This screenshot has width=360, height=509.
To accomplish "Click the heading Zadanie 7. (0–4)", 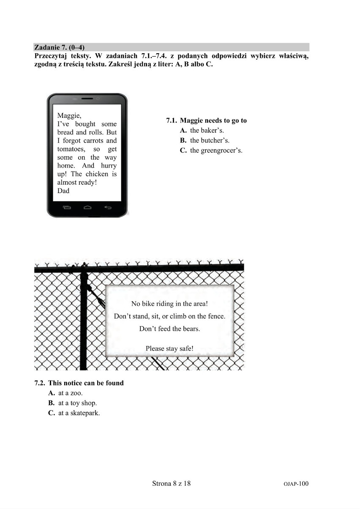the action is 59,47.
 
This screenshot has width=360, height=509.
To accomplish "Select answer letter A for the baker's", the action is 183,131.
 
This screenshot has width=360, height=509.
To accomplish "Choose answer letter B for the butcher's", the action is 183,140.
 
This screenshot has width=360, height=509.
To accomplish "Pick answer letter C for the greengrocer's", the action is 183,150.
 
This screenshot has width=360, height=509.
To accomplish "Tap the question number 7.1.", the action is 172,120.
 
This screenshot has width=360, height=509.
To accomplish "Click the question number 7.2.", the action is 40,383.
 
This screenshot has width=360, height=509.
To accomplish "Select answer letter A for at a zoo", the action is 52,393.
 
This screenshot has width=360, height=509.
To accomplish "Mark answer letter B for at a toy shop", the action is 52,403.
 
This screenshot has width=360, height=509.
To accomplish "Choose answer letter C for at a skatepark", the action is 52,413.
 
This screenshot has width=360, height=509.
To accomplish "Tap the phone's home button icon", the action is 87,207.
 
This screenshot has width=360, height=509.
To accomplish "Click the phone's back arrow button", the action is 108,207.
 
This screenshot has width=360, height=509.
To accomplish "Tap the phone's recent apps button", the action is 67,207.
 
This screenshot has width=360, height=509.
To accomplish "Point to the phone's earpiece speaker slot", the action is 87,98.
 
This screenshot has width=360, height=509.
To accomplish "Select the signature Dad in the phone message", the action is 63,191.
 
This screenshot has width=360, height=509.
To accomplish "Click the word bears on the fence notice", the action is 192,329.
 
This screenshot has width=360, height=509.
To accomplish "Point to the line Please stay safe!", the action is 169,348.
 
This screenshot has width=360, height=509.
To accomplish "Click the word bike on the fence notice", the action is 147,304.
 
